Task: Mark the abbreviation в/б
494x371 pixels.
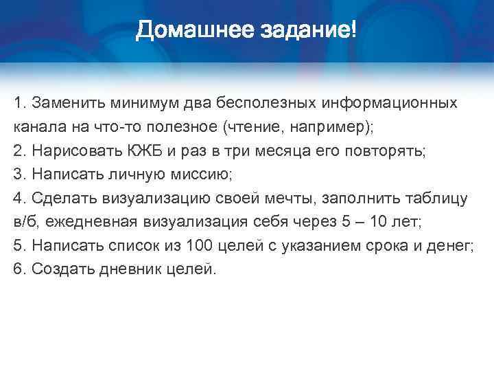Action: (25, 222)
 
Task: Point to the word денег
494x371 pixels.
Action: (453, 246)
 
